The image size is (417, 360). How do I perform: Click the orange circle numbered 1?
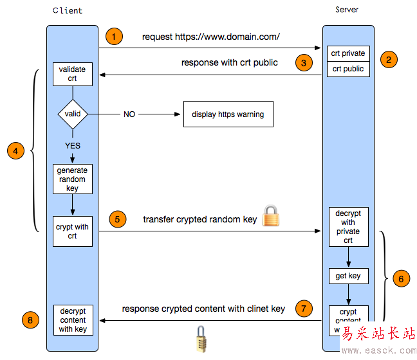coord(114,37)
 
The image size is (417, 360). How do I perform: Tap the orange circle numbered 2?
coord(388,60)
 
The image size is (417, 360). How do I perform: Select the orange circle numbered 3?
coord(304,62)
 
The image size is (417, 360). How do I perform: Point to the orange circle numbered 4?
coord(16,151)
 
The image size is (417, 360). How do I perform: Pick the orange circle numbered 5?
coord(116,219)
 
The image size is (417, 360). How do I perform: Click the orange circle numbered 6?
coord(401,278)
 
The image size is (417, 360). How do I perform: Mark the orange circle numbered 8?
coord(30,318)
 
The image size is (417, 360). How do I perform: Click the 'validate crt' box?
coord(72,73)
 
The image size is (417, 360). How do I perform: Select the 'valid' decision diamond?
coord(73,114)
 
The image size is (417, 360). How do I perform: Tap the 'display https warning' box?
coord(228,114)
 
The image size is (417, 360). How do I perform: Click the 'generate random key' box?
coord(72,179)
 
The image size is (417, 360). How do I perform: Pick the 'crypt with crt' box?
coord(72,231)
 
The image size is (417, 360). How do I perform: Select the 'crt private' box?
coord(348,53)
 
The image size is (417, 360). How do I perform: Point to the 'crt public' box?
coord(348,69)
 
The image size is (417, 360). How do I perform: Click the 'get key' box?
coord(348,276)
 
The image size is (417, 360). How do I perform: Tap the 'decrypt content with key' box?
coord(73,319)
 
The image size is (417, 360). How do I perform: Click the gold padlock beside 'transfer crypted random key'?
coord(271,216)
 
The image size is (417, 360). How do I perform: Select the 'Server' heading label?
coord(347,10)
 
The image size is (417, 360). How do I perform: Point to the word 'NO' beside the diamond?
coord(129,114)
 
